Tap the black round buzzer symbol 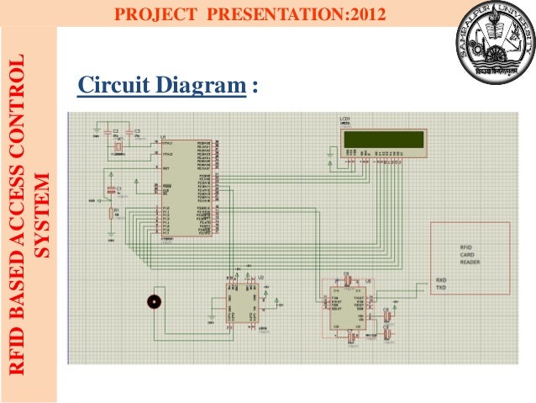click(153, 301)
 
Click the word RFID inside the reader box click(465, 247)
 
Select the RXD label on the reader click(441, 279)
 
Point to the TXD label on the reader click(441, 288)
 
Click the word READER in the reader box click(470, 262)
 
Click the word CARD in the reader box click(466, 255)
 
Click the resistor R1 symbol click(110, 214)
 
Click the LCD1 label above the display click(345, 119)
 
